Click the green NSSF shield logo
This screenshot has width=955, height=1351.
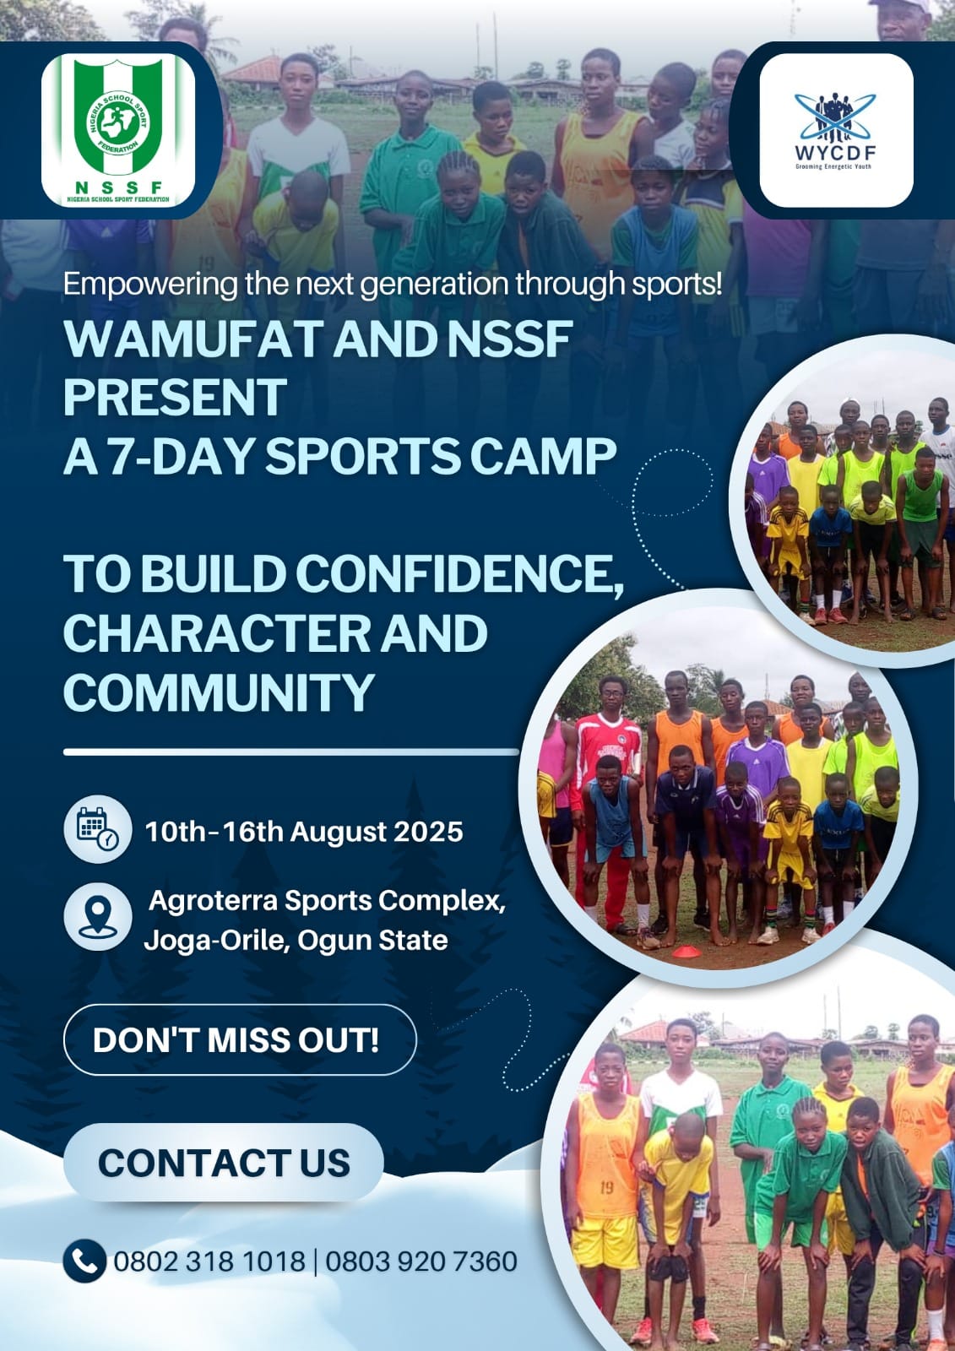point(118,130)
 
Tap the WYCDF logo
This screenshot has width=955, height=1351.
point(836,130)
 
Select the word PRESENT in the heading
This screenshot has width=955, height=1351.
point(175,397)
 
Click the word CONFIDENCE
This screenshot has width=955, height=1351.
point(459,575)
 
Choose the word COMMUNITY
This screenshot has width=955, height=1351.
point(219,692)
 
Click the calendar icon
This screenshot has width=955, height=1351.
point(98,828)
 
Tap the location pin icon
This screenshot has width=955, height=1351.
point(98,917)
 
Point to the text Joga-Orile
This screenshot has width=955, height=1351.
point(214,941)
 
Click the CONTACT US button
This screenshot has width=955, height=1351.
point(223,1162)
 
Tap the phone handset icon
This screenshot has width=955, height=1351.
point(85,1261)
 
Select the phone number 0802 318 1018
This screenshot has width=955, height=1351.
point(209,1261)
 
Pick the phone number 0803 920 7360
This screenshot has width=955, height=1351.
point(421,1261)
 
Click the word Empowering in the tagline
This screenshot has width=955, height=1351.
point(150,285)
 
